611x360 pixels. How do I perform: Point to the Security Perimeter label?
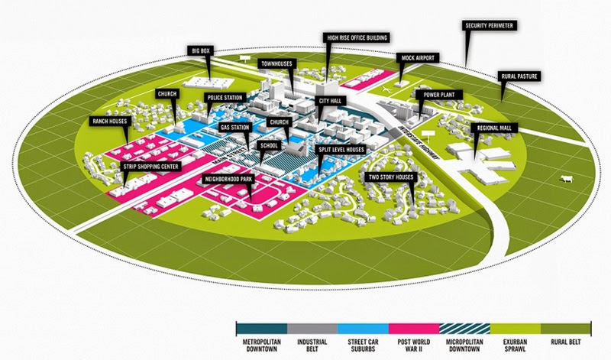click(x=491, y=25)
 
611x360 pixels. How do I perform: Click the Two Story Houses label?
click(x=392, y=177)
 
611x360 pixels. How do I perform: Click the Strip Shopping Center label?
click(x=150, y=165)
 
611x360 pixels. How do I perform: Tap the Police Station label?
click(x=224, y=98)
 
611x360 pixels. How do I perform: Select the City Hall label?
click(x=330, y=100)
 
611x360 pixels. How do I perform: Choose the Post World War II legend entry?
click(x=414, y=337)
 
